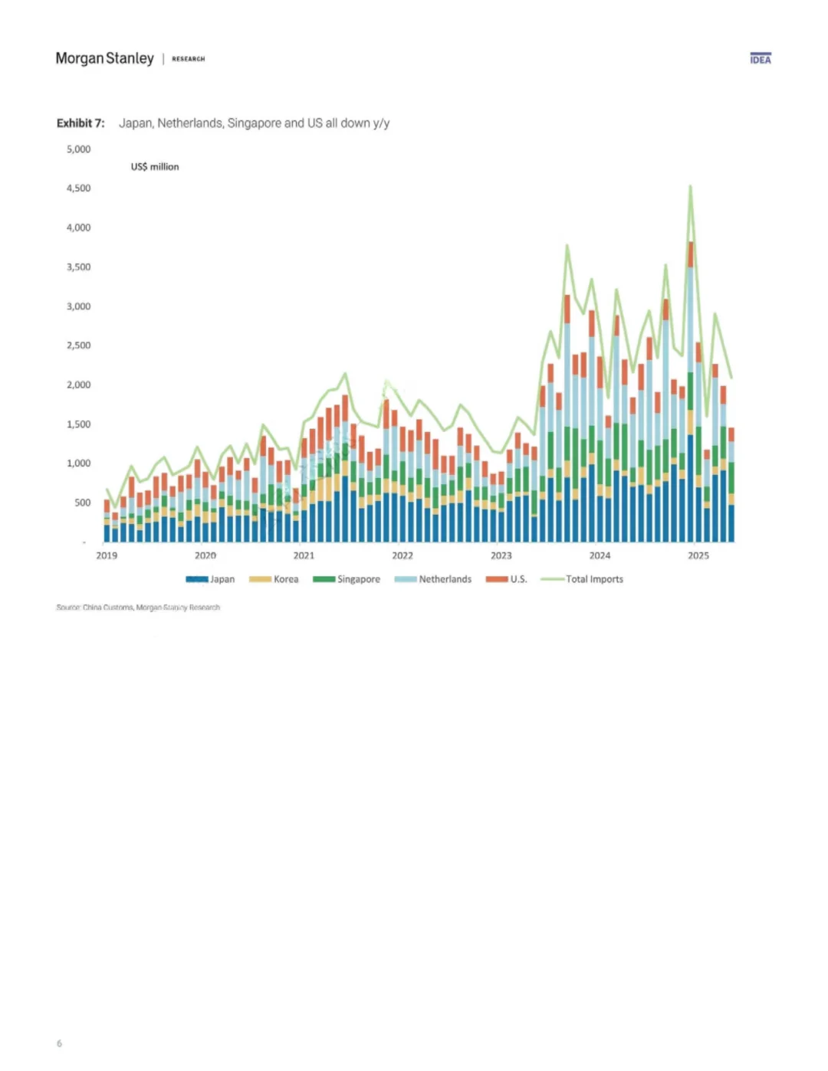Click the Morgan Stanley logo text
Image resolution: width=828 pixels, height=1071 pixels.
105,58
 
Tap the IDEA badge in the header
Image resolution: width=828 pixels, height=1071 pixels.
761,59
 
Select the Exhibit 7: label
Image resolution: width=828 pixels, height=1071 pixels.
80,123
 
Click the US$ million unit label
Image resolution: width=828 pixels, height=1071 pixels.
155,166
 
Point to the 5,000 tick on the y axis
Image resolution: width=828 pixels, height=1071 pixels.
78,149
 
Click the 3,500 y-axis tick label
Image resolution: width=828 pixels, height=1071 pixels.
78,267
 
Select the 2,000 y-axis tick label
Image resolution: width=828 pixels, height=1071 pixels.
78,385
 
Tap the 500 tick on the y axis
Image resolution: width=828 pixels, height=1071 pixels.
82,503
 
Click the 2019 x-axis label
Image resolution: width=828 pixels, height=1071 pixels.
107,555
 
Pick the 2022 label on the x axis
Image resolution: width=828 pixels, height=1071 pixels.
402,555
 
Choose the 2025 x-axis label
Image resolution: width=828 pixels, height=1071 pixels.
698,555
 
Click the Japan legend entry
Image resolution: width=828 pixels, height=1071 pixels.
211,579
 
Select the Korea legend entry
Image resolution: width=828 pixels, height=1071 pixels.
274,579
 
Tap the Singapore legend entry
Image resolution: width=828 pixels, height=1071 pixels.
347,579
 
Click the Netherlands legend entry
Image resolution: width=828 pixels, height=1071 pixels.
433,579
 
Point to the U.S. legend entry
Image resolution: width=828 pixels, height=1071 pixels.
507,579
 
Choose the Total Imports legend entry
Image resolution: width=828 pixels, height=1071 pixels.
583,579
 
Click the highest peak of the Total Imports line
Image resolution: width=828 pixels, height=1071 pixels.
690,186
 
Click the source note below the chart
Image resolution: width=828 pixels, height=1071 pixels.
138,608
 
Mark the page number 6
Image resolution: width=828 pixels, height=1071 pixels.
59,1043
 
